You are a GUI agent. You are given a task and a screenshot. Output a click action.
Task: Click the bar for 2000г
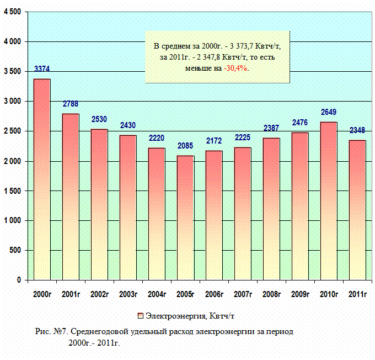[42, 179]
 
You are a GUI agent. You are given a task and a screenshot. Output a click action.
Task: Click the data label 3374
[42, 70]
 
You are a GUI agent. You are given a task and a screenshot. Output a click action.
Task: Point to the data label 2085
[185, 146]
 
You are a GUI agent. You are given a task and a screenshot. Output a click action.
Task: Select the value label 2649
[329, 113]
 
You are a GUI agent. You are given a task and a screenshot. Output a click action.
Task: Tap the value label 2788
[71, 104]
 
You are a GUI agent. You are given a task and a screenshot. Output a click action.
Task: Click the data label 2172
[214, 141]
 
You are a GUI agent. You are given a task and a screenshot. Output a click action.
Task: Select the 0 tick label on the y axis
[19, 280]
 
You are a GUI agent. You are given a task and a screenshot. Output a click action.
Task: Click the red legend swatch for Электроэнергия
[141, 316]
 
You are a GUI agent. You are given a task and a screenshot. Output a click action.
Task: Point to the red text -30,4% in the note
[235, 68]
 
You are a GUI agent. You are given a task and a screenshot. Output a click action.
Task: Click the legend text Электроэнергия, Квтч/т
[191, 316]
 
